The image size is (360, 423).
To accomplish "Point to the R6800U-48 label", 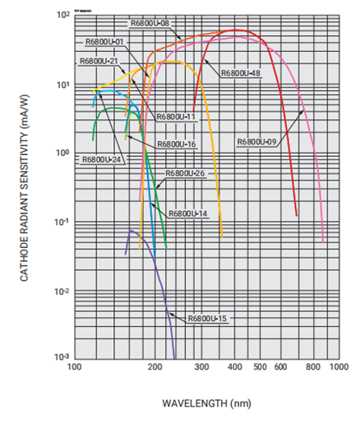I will click(240, 73).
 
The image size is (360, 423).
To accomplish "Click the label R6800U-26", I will click(185, 173).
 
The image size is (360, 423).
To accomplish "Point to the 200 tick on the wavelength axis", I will click(155, 370).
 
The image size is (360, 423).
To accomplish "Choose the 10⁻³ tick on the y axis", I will click(58, 357).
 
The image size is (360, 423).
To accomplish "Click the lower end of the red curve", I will click(297, 215).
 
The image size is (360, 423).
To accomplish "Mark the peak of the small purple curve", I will click(132, 231).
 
